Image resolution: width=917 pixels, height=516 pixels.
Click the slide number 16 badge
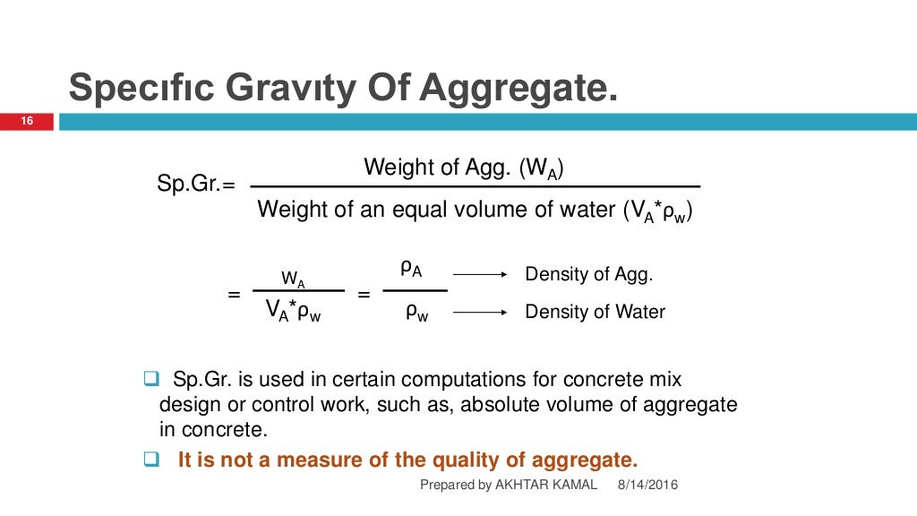tap(27, 121)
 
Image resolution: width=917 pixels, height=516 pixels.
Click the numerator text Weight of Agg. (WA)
tap(464, 167)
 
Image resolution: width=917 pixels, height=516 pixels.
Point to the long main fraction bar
tap(475, 186)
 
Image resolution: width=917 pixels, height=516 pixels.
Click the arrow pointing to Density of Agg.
tap(481, 273)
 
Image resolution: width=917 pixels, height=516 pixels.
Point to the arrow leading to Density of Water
tap(481, 313)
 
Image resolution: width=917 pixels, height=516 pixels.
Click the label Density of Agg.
tap(588, 274)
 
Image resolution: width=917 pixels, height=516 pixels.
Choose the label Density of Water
tap(595, 313)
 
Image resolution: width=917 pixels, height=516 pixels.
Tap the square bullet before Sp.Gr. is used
tap(150, 378)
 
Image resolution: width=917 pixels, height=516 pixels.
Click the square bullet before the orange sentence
tap(150, 461)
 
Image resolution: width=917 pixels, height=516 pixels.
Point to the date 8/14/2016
tap(647, 485)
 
